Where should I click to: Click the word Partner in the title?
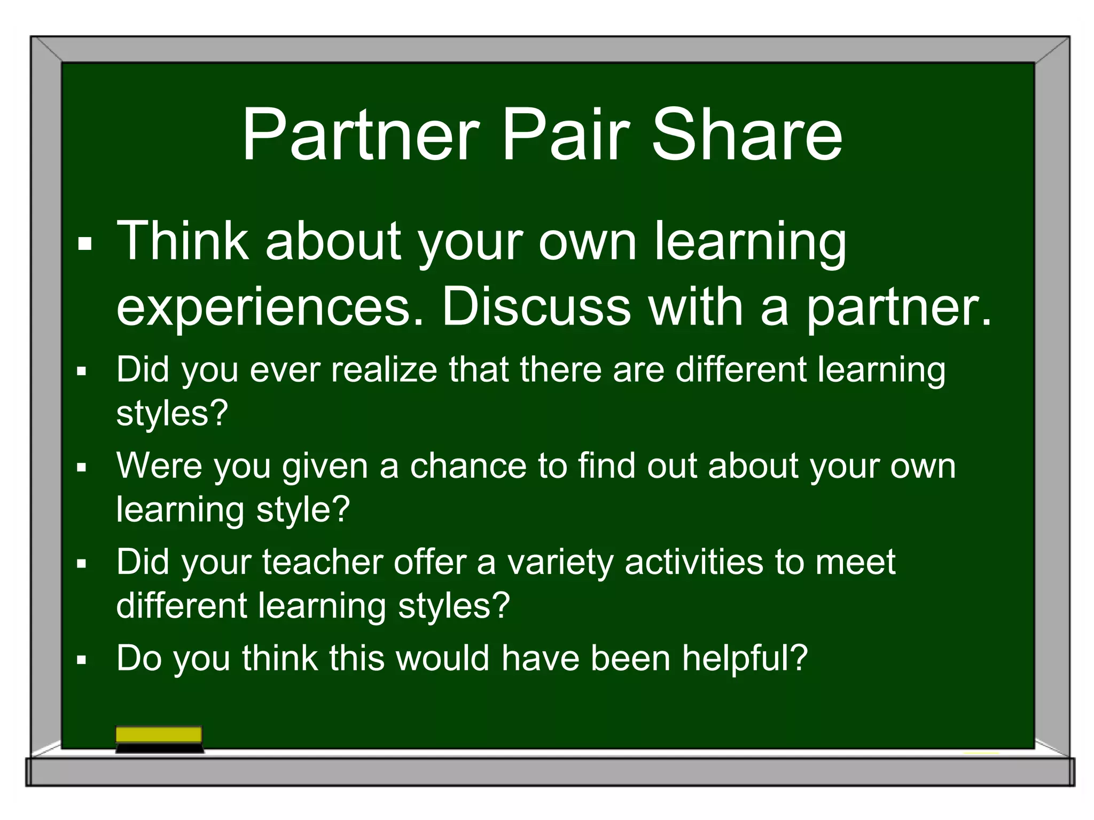point(361,135)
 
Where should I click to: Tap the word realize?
point(384,369)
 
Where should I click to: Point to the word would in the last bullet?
point(443,658)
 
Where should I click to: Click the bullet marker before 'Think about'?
point(84,245)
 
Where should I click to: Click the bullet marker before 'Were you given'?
point(81,468)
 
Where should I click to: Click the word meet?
point(855,562)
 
